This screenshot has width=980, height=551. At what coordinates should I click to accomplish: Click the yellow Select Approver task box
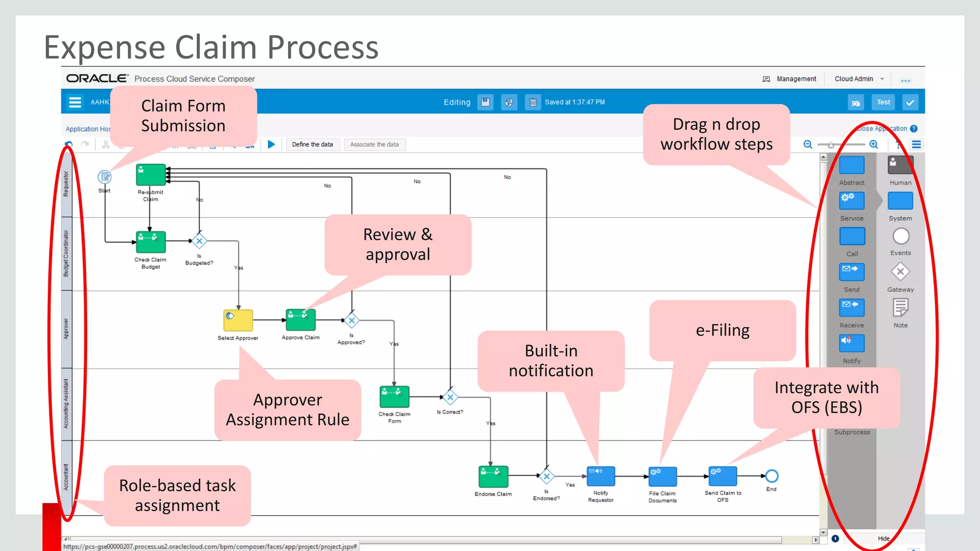(238, 320)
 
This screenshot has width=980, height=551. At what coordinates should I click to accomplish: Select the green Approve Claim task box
(301, 320)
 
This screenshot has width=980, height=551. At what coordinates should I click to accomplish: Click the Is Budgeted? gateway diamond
(199, 241)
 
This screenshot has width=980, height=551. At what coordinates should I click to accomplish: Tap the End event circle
(771, 476)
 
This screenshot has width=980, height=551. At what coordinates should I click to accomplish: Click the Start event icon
(104, 177)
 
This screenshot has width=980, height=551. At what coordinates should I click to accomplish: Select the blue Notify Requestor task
(601, 476)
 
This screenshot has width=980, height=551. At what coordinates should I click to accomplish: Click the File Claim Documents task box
(663, 476)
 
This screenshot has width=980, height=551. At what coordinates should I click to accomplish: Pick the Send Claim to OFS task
(723, 476)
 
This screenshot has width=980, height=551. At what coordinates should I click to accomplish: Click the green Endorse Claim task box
(493, 476)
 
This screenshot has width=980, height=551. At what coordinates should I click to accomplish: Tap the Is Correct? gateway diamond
(450, 397)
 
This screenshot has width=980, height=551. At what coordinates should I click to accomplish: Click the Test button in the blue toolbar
(883, 102)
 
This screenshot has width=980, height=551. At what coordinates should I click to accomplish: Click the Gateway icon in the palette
(900, 272)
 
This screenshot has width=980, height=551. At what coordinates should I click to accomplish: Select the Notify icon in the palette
(852, 343)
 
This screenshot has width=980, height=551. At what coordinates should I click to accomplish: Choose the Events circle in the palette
(901, 236)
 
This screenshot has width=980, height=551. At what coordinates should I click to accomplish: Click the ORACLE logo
(97, 78)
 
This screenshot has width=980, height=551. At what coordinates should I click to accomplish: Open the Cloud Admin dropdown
(859, 79)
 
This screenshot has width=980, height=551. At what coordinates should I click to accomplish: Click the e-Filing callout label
(722, 331)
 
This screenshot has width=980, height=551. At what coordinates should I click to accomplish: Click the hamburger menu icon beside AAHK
(75, 102)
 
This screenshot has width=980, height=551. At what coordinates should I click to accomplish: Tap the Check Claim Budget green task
(151, 242)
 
